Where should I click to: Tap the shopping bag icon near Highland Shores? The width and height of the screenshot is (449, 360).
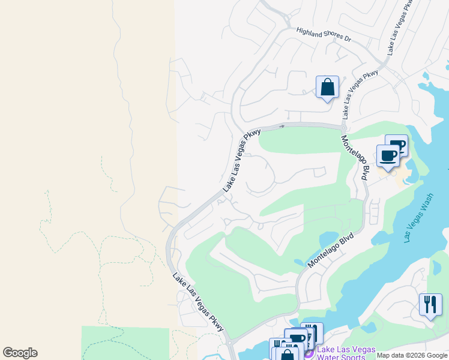[x=327, y=87]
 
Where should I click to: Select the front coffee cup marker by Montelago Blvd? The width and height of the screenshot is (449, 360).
[x=388, y=157]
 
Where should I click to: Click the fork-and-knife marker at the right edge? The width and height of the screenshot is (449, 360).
[x=430, y=305]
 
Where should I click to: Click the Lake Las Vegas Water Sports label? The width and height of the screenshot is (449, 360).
[x=346, y=353]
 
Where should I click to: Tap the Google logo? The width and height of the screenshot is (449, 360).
[x=20, y=353]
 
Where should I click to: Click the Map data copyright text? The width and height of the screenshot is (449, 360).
[x=412, y=355]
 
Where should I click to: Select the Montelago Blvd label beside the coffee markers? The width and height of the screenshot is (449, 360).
[x=355, y=157]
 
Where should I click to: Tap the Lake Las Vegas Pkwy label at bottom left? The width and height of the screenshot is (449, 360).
[x=198, y=302]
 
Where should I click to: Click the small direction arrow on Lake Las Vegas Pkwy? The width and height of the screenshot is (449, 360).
[x=281, y=126]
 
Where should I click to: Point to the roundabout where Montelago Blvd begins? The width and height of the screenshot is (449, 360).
[x=343, y=127]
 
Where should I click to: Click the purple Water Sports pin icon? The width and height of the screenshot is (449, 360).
[x=309, y=354]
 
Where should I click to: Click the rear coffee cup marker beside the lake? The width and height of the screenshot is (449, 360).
[x=397, y=145]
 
